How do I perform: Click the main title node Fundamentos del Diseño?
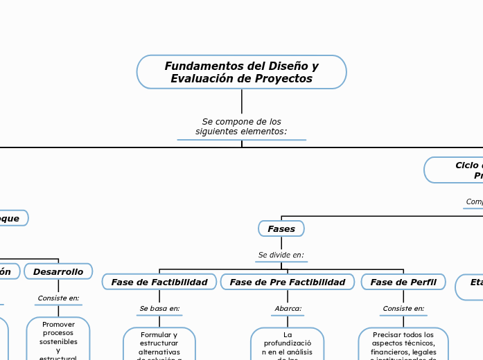point(241,72)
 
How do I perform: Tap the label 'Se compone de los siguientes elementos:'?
point(241,126)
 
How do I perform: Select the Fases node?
point(281,228)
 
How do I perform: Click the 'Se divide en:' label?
point(281,255)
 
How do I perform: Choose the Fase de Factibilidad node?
point(159,282)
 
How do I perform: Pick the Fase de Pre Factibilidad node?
point(287,282)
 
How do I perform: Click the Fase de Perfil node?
point(403,282)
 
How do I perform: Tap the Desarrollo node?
point(58,271)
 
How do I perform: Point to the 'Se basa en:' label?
point(159,308)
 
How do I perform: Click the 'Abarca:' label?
point(288,308)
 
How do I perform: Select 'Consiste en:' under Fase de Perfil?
point(403,308)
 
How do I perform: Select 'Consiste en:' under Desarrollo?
point(58,298)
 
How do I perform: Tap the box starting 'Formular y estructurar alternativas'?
point(159,345)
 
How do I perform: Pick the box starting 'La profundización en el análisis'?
point(288,345)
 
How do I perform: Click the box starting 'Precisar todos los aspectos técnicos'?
point(403,345)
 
